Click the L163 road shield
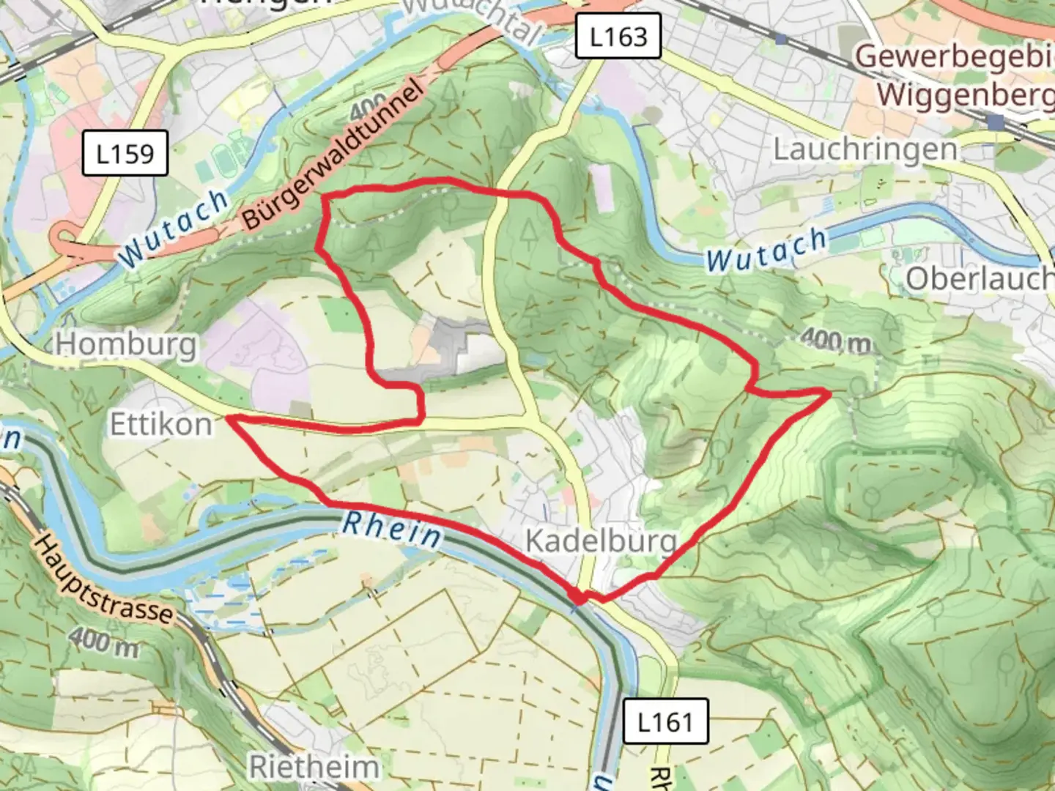(618, 36)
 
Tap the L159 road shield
(125, 154)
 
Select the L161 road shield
(665, 721)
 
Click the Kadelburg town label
(601, 541)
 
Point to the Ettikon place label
(160, 423)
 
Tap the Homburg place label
(126, 343)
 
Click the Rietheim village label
(314, 767)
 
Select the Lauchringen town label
(865, 149)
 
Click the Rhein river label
(392, 529)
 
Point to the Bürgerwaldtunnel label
(333, 155)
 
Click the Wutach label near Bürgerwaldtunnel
(173, 228)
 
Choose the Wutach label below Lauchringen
(766, 250)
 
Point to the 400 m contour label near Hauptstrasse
(105, 642)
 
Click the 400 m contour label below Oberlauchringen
(836, 340)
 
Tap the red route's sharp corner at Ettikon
(228, 417)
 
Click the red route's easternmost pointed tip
(829, 394)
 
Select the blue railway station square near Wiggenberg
(995, 122)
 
